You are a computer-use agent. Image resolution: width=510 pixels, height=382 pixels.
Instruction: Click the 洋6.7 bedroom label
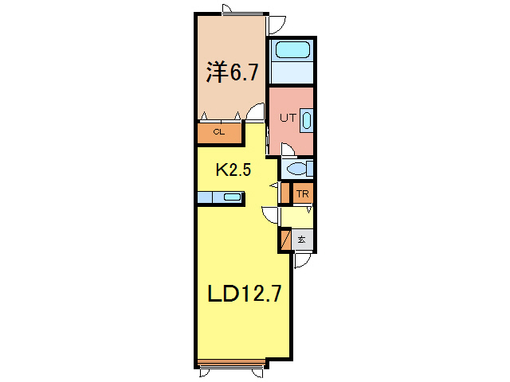click(233, 74)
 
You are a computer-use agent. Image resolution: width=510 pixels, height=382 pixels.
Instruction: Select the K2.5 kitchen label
click(235, 170)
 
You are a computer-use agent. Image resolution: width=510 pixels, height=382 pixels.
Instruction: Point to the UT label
click(287, 118)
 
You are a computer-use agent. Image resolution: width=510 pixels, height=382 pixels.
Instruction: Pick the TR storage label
click(303, 193)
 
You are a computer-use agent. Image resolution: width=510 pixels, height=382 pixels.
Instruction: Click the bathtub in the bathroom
click(292, 52)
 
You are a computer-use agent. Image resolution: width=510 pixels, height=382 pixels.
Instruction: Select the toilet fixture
click(297, 169)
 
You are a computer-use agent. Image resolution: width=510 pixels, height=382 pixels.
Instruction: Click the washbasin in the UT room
click(307, 120)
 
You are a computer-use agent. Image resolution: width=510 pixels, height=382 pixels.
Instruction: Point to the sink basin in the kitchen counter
click(231, 197)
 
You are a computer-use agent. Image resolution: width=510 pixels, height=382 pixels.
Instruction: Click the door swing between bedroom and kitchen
click(255, 112)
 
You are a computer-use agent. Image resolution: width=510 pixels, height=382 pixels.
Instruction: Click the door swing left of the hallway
click(269, 212)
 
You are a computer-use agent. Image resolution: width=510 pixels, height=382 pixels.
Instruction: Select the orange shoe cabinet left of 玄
click(285, 239)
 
